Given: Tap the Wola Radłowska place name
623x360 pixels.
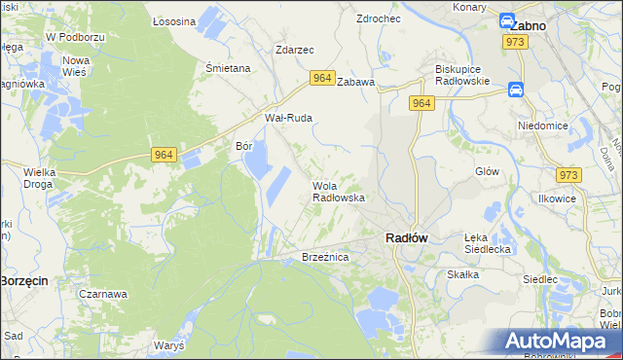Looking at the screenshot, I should pos(338,191).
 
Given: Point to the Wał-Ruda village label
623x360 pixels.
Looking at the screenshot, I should pos(288,118).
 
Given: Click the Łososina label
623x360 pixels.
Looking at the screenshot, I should pos(175,20).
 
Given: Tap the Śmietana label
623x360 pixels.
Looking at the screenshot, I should pos(229,68).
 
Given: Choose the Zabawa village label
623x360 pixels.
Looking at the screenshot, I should pos(356,83).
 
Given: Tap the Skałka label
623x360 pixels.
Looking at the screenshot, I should pos(463,274).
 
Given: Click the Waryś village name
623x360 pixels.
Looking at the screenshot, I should pos(169,345).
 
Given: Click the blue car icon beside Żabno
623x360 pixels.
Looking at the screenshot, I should pos(508,20).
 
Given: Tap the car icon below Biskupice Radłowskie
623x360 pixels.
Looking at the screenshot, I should pos(516,90).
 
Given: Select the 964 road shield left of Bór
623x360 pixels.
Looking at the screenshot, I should pos(164,154).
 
